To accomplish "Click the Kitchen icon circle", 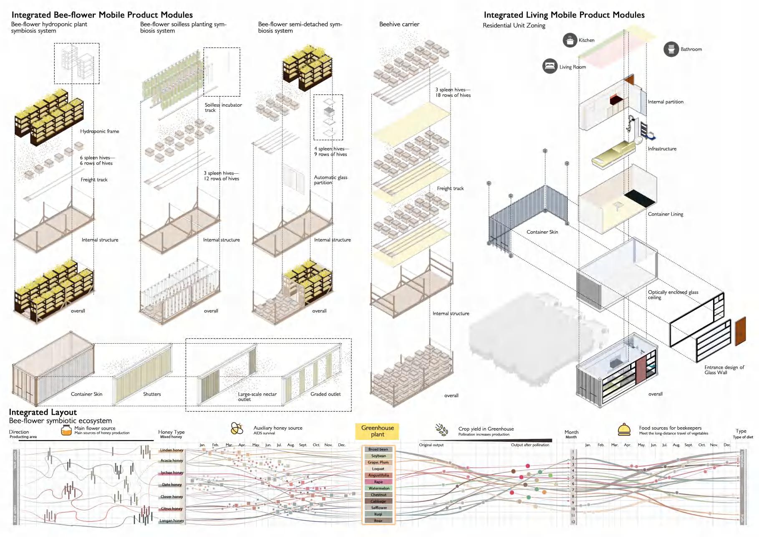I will tap(570, 40).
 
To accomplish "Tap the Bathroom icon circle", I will tap(671, 49).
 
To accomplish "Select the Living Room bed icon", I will tap(550, 66).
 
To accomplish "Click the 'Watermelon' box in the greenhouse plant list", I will tap(378, 488).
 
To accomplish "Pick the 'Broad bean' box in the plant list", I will tap(378, 449).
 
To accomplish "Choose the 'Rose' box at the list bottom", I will tap(378, 521).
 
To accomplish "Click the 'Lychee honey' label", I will tap(172, 473).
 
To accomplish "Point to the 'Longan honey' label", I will tap(171, 521).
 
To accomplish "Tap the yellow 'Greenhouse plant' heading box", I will tap(377, 431).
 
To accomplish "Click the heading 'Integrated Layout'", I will tap(43, 412).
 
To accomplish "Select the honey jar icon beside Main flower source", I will tap(66, 430).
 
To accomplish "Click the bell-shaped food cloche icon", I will tap(624, 429).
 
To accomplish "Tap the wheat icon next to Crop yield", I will tap(441, 429).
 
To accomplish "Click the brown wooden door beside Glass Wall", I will tap(740, 331).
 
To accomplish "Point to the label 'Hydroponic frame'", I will tap(99, 131).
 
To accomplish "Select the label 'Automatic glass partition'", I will tap(330, 180).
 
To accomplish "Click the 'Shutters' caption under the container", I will tap(152, 394).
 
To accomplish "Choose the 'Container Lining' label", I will tap(666, 214).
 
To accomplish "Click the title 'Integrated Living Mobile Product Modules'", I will tap(564, 15).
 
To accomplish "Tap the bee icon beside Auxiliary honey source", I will tap(237, 428).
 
